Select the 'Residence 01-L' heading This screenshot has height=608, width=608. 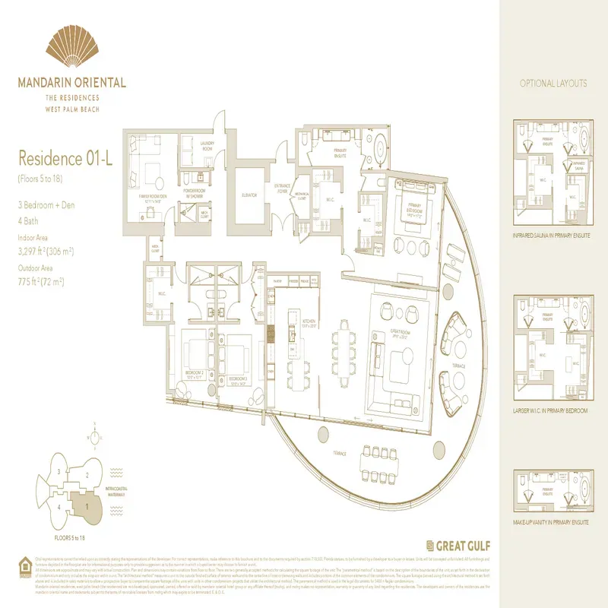point(59,159)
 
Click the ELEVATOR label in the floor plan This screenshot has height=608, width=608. point(249,195)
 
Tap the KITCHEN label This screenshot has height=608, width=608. point(309,322)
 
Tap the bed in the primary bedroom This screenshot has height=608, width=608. point(413,216)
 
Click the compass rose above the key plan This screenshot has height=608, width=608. point(93,439)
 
